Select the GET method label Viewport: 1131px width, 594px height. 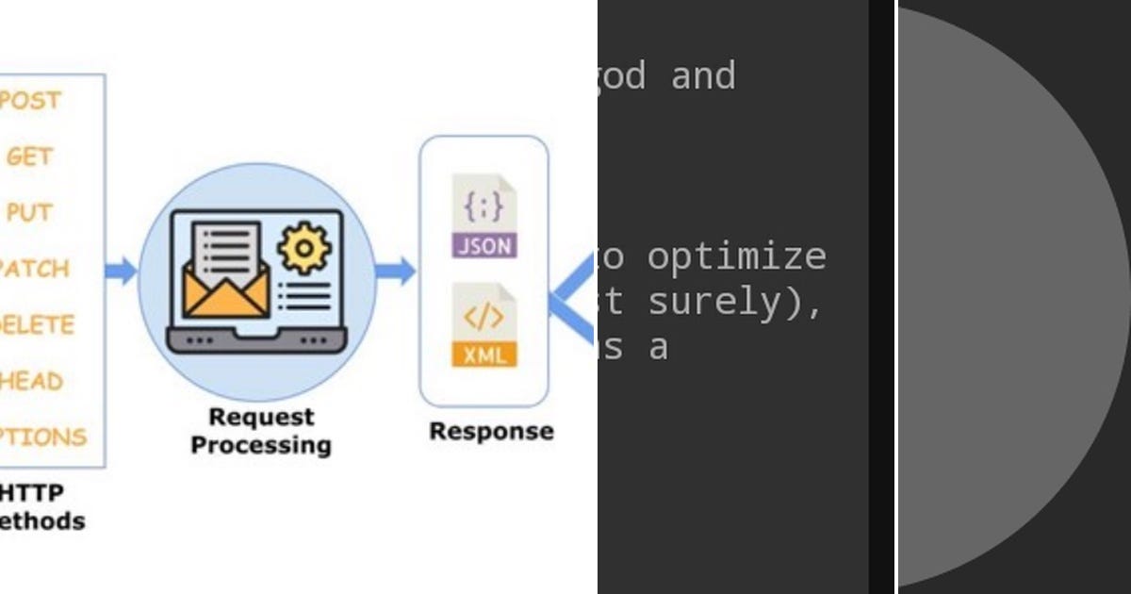pos(29,157)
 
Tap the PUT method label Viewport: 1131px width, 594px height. pos(29,213)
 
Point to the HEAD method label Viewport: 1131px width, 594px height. pos(32,381)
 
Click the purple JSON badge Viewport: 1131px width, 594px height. pos(484,246)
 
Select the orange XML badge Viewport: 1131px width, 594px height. pos(484,355)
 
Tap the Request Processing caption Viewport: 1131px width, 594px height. pos(260,431)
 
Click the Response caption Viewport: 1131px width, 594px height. pos(491,432)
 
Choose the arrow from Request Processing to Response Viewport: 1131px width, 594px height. pos(395,272)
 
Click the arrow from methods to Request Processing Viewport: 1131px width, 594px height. pos(121,272)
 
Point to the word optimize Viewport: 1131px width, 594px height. pos(736,256)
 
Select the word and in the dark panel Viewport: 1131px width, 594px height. pos(702,75)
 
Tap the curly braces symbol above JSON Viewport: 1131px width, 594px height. pos(484,205)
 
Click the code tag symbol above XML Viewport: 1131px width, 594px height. pos(484,317)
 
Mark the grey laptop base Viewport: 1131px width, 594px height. pos(256,339)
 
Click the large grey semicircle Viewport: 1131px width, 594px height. pos(999,297)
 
